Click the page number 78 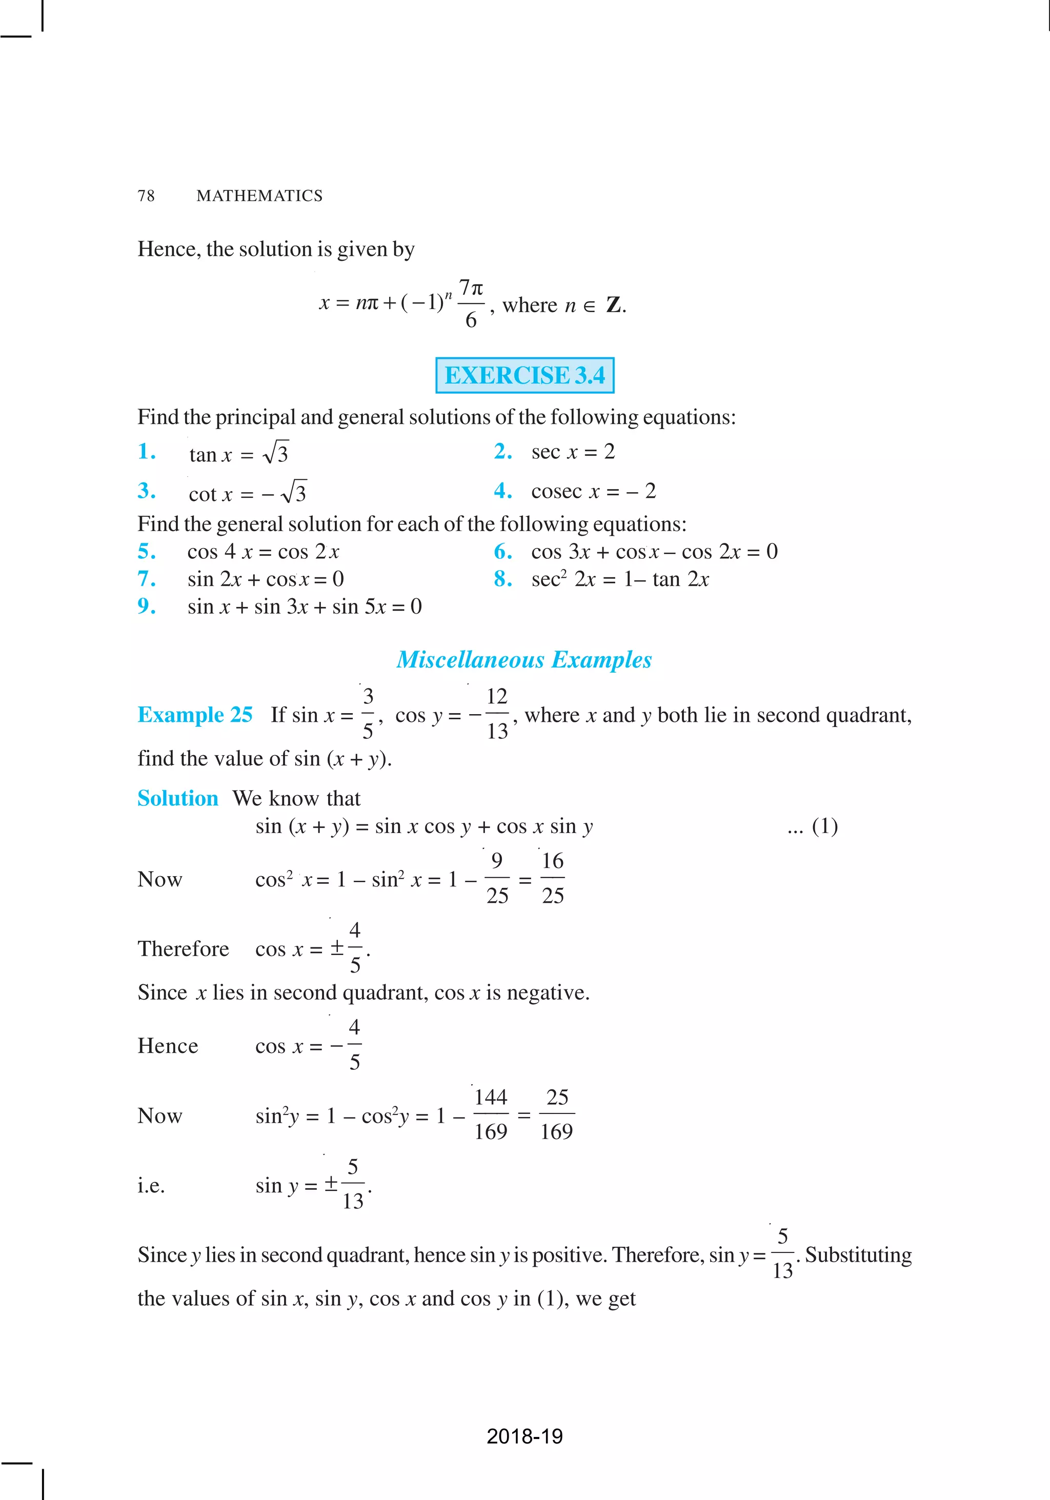[x=146, y=196]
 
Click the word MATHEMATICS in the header [x=259, y=196]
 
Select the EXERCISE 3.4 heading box [x=524, y=375]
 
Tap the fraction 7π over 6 [x=471, y=304]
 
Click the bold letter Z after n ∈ [x=614, y=305]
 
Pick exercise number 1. [x=146, y=452]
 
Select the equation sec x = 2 [x=573, y=452]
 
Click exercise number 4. [x=502, y=491]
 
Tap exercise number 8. [x=502, y=579]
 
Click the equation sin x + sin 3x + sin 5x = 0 [x=305, y=607]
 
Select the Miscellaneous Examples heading [x=524, y=660]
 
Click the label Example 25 [x=195, y=715]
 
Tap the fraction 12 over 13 [x=497, y=714]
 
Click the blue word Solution [x=178, y=798]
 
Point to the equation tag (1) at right [x=824, y=826]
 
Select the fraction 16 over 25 [x=553, y=879]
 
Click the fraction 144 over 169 [x=491, y=1114]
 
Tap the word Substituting [x=858, y=1255]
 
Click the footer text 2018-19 [x=524, y=1436]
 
